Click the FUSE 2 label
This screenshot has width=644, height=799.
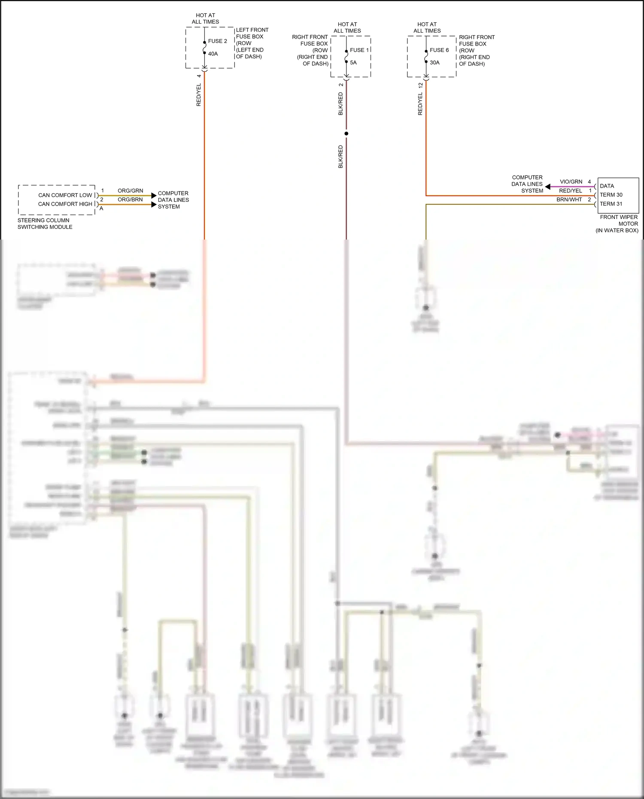pos(217,41)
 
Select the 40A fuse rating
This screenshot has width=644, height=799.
pos(213,54)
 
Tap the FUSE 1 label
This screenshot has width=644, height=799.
pos(359,50)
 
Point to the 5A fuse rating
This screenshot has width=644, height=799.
pos(353,63)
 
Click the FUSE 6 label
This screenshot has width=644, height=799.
pos(439,50)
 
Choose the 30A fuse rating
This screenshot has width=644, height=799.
pos(434,63)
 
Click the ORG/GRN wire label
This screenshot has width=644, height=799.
pos(130,191)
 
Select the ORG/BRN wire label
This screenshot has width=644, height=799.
pos(130,200)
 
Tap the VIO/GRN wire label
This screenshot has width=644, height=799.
pos(571,182)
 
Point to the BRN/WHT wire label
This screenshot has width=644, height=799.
pos(569,200)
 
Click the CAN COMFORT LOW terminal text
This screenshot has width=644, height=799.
pos(65,195)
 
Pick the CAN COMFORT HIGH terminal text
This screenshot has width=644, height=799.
pos(65,204)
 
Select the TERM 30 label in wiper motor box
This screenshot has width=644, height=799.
pos(611,195)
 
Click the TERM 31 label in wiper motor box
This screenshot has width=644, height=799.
pos(611,204)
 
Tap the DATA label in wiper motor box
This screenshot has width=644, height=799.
pos(607,186)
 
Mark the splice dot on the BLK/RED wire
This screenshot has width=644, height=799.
pos(346,134)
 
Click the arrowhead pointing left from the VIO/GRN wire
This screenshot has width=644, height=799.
pos(548,187)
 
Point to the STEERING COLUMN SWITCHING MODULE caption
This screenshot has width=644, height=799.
pos(45,224)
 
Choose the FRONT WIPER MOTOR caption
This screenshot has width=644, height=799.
pos(618,220)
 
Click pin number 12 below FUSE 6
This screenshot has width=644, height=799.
pos(420,85)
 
